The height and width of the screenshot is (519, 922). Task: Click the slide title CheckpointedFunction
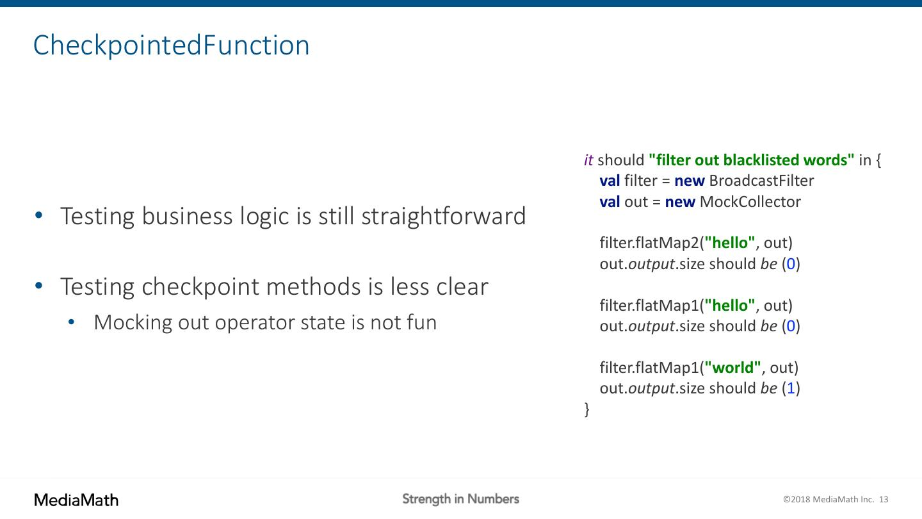(171, 45)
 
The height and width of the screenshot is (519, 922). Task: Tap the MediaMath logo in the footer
(76, 500)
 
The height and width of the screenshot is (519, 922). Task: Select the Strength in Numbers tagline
(460, 499)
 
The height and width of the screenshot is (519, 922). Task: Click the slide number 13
(884, 499)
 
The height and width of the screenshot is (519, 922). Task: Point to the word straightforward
(444, 216)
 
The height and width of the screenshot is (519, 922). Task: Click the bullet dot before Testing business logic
(39, 215)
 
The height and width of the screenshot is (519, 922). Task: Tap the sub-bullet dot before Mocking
(71, 322)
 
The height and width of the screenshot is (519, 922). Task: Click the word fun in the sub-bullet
(421, 322)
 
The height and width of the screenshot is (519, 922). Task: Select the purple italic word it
(588, 160)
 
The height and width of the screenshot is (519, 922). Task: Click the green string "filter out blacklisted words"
(751, 160)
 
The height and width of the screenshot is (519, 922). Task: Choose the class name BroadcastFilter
(761, 181)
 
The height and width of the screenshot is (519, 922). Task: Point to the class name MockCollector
(750, 201)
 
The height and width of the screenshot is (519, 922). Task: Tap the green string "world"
(732, 367)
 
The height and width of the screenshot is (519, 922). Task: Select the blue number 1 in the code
(791, 388)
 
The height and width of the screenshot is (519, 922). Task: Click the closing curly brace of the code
(587, 409)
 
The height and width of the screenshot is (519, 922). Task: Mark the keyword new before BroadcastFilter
(690, 181)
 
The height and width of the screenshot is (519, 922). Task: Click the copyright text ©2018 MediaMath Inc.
(828, 499)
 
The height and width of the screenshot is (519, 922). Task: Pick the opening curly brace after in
(878, 160)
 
